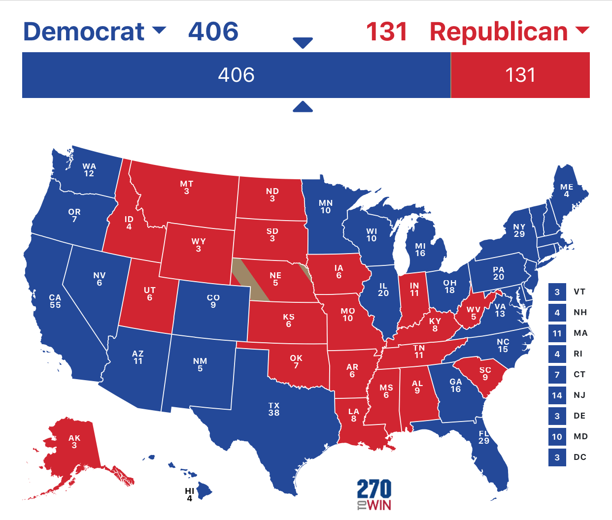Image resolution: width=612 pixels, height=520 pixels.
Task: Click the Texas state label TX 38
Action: (x=274, y=409)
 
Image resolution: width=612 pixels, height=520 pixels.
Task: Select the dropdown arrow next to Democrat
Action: (x=159, y=31)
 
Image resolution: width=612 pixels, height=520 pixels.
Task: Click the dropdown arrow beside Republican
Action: (x=582, y=31)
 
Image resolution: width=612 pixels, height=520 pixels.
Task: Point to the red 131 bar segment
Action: (x=520, y=75)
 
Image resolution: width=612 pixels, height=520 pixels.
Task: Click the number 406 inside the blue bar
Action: (x=236, y=75)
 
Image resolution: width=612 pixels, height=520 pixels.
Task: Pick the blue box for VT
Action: (x=557, y=292)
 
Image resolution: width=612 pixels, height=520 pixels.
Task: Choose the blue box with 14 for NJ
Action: (x=557, y=395)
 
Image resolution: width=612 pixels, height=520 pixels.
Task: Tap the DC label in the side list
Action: (x=579, y=457)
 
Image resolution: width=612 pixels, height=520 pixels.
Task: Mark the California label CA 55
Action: (x=55, y=301)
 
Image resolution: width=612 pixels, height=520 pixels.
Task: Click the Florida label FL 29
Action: (x=484, y=437)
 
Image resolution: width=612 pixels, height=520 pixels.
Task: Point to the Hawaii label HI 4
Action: (x=189, y=495)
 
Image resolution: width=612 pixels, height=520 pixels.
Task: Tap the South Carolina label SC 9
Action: (x=485, y=374)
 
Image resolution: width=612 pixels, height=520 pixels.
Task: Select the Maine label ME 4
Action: (x=567, y=191)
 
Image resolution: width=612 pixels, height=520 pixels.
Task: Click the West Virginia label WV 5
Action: (x=474, y=313)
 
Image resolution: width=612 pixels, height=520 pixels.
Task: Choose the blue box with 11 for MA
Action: (x=557, y=333)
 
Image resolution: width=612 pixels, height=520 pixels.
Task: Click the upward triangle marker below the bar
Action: (x=303, y=107)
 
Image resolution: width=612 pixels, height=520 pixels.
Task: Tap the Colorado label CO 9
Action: (x=213, y=301)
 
